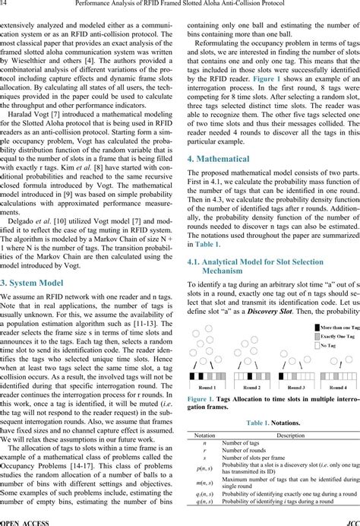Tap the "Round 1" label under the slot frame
[207, 387]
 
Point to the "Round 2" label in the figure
[252, 387]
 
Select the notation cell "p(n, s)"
[207, 470]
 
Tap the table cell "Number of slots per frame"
[257, 459]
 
